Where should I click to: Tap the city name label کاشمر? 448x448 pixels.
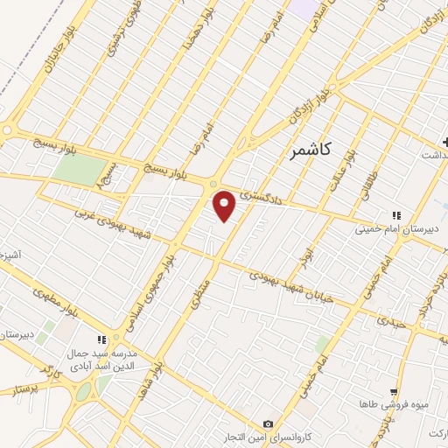[x=308, y=150]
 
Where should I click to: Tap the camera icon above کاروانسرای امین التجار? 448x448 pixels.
[x=268, y=423]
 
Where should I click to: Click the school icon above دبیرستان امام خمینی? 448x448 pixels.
[x=395, y=215]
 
